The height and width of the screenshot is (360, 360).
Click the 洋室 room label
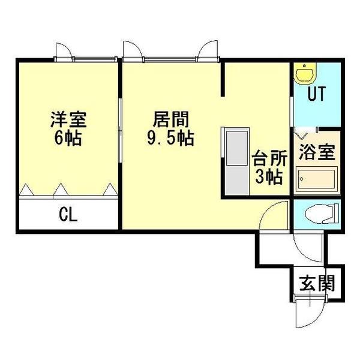coord(68,118)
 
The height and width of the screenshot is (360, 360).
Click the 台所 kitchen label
coord(268,159)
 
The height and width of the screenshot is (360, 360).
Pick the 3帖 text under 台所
coord(268,178)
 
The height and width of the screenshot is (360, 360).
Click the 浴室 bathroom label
coord(319,151)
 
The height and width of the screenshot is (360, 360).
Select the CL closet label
coord(68,214)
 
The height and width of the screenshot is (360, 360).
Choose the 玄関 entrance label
coord(318,282)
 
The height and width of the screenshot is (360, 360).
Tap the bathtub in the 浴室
coord(316,178)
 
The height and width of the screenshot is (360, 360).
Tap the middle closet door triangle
coord(60,190)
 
